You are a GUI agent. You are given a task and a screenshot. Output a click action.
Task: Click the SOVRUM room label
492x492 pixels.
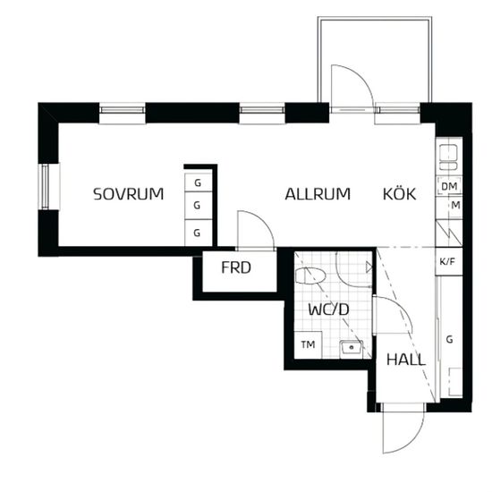point(129,194)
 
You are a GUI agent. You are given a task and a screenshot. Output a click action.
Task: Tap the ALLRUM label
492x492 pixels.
point(318,194)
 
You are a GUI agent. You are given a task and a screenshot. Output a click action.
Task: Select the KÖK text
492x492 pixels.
point(400,193)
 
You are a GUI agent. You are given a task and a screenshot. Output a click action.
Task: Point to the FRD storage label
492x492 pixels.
point(236,267)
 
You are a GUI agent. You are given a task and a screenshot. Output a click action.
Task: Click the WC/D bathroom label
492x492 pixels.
point(328,310)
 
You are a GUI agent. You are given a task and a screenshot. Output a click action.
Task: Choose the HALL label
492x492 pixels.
point(406,360)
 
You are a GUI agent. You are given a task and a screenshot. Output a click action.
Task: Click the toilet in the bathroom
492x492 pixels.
point(310,276)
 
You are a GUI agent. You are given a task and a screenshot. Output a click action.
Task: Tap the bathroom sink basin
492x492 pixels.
point(352,347)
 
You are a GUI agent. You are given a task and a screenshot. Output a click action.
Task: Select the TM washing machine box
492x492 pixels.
point(308,344)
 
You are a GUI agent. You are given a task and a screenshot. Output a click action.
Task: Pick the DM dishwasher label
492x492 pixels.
point(449,186)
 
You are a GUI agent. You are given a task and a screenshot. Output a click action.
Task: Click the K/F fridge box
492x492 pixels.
point(449,262)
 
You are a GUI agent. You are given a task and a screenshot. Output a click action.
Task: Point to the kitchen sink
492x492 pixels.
point(448,157)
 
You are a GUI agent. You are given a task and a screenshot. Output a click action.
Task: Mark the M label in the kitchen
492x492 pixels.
point(455,206)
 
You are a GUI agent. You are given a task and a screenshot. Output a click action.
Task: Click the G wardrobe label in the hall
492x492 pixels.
point(450,339)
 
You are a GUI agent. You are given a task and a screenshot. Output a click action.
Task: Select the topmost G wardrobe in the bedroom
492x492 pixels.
point(198,182)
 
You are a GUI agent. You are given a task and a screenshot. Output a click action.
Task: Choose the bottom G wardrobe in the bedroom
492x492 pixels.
point(198,233)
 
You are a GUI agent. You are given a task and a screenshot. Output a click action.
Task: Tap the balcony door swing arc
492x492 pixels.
point(361,76)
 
